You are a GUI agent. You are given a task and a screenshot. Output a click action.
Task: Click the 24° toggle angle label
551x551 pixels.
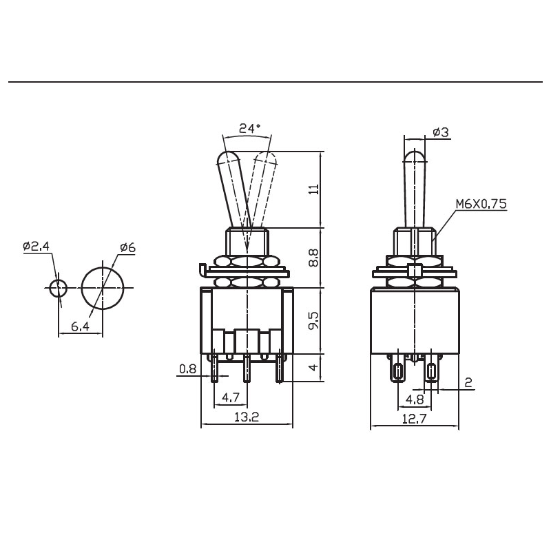pyautogui.click(x=250, y=128)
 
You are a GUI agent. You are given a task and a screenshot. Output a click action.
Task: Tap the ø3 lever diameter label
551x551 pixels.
pyautogui.click(x=441, y=132)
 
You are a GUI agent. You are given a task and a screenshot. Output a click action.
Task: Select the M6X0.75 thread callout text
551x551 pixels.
pyautogui.click(x=481, y=204)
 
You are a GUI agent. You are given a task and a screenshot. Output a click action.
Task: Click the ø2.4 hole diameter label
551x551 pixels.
pyautogui.click(x=37, y=247)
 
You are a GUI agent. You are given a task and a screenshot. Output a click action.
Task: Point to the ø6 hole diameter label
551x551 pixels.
pyautogui.click(x=127, y=248)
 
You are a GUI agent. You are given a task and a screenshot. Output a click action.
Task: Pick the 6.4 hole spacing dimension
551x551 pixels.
pyautogui.click(x=80, y=326)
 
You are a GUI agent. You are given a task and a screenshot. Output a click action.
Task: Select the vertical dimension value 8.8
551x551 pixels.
pyautogui.click(x=314, y=258)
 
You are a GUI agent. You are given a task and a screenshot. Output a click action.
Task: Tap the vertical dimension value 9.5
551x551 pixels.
pyautogui.click(x=314, y=320)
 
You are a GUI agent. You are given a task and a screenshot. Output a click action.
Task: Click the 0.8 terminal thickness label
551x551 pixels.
pyautogui.click(x=187, y=368)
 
